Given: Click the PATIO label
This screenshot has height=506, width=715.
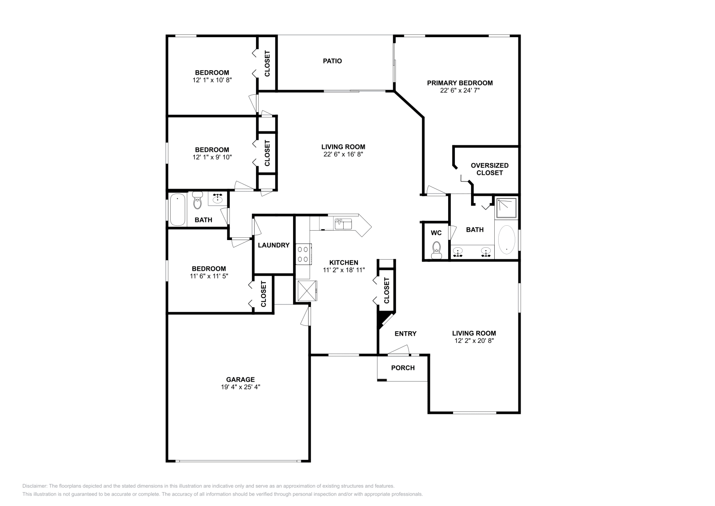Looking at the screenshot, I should click(332, 61).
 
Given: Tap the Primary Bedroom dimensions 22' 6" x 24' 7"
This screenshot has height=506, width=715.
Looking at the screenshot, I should click(460, 90).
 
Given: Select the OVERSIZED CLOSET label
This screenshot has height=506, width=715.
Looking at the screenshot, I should click(489, 169).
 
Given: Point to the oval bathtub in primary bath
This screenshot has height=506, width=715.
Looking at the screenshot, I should click(506, 240).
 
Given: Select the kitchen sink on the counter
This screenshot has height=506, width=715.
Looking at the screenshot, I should click(343, 223).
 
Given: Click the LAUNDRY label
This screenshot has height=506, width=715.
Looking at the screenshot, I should click(273, 245).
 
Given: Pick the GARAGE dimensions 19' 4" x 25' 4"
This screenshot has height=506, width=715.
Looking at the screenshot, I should click(240, 387).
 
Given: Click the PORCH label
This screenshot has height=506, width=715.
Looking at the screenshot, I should click(403, 368).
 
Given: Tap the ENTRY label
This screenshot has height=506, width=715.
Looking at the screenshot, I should click(405, 333).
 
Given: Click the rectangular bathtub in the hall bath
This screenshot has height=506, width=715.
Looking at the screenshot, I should click(177, 209).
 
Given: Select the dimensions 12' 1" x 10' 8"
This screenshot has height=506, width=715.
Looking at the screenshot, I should click(212, 80).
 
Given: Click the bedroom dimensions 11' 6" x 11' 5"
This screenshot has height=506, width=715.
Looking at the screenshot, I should click(209, 276).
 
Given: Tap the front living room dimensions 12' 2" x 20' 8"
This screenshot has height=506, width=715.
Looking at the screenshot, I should click(474, 341).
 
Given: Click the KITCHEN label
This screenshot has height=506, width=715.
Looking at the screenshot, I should click(344, 262).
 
